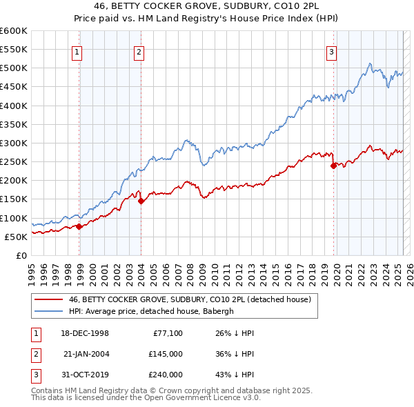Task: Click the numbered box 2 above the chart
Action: (139, 51)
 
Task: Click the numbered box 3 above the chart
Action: (332, 51)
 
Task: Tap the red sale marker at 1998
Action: (79, 226)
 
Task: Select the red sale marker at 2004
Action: (141, 201)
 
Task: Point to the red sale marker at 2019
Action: (333, 166)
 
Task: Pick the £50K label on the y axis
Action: (16, 237)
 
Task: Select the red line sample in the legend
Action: (48, 299)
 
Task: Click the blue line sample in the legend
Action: (48, 311)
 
